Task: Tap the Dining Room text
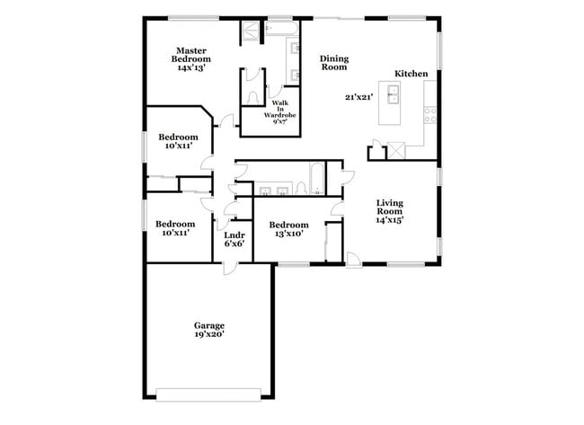[x=334, y=63]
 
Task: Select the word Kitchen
[x=411, y=75]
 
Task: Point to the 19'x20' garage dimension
[x=209, y=334]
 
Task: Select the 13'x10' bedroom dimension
[x=289, y=234]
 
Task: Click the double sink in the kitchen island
[x=392, y=92]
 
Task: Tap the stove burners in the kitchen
[x=430, y=114]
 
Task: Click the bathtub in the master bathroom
[x=281, y=31]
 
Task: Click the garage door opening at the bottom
[x=208, y=392]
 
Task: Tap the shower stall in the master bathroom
[x=250, y=31]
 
